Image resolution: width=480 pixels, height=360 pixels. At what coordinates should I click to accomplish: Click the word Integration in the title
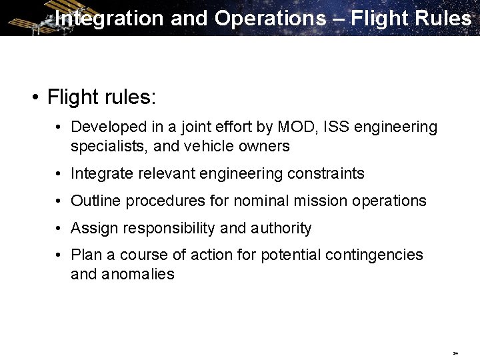(109, 18)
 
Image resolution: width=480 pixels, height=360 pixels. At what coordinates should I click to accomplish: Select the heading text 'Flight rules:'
(101, 97)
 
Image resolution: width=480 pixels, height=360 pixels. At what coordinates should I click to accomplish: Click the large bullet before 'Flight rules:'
(33, 98)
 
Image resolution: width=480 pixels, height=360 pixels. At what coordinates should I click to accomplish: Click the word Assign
(93, 228)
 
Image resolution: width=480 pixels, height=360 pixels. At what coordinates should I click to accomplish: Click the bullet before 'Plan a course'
(59, 255)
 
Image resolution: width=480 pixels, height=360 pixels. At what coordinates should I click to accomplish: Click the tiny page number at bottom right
(455, 353)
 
